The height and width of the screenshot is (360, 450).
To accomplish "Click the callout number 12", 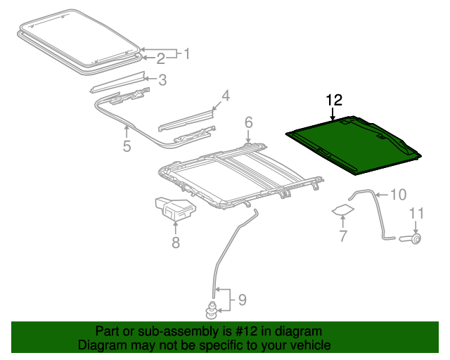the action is (x=335, y=100).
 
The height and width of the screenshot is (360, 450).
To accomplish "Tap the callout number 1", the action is (x=187, y=53).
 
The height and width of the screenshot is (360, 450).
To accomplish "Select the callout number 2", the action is (x=161, y=58).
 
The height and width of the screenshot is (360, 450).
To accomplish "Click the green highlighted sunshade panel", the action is (x=354, y=146).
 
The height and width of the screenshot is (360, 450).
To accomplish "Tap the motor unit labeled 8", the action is (x=175, y=209).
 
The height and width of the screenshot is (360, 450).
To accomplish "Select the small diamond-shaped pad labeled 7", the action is (x=343, y=210).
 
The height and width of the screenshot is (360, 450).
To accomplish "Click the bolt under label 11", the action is (x=411, y=238).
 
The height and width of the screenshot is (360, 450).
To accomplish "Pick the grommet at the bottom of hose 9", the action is (x=211, y=311).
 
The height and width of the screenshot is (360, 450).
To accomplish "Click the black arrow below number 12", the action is (x=333, y=114).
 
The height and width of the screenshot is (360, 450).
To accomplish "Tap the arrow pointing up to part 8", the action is (x=175, y=228).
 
